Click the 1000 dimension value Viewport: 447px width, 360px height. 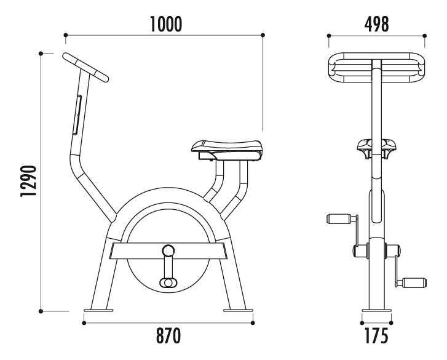tap(165, 24)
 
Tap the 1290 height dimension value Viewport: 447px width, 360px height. tap(29, 180)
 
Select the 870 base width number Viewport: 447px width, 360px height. tap(168, 335)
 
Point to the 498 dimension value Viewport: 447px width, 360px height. tap(376, 24)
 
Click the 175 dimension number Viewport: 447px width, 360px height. tap(376, 335)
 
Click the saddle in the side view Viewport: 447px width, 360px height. tap(226, 150)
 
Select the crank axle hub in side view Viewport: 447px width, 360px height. tap(168, 250)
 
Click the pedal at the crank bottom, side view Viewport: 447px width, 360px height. tap(168, 282)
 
